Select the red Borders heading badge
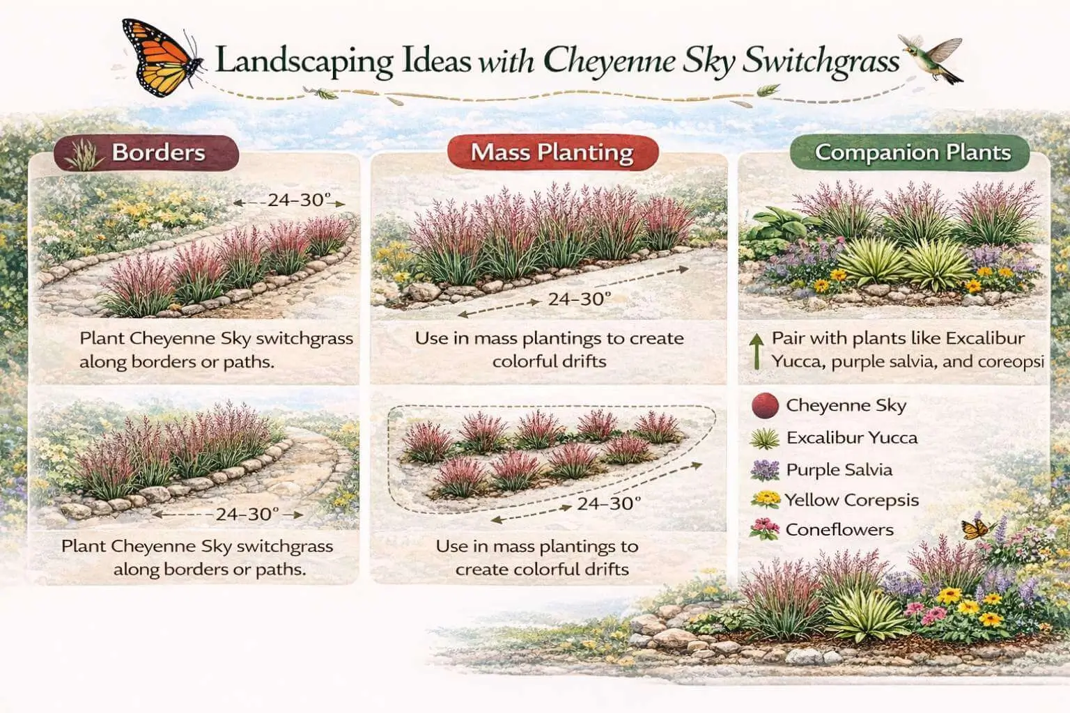pyautogui.click(x=146, y=153)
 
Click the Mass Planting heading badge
pyautogui.click(x=552, y=152)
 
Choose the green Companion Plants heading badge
pyautogui.click(x=912, y=152)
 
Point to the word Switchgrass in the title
pyautogui.click(x=821, y=61)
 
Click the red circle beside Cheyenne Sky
pyautogui.click(x=765, y=405)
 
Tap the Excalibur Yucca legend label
pyautogui.click(x=851, y=438)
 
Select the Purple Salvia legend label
pyautogui.click(x=839, y=470)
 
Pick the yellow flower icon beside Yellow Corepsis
pyautogui.click(x=766, y=500)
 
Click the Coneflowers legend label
pyautogui.click(x=839, y=530)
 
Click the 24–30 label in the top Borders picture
pyautogui.click(x=299, y=200)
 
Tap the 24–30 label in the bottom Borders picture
pyautogui.click(x=247, y=515)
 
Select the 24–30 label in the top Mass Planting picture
pyautogui.click(x=579, y=299)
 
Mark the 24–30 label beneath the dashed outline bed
pyautogui.click(x=608, y=503)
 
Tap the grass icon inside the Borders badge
pyautogui.click(x=84, y=156)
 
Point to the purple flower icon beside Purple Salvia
pyautogui.click(x=765, y=470)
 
